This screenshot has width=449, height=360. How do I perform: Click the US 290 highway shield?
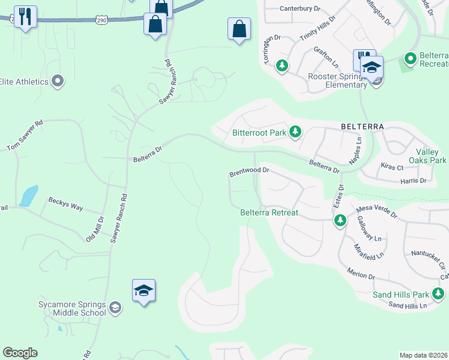pos(101,20)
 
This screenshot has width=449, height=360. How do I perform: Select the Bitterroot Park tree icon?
pos(295,131)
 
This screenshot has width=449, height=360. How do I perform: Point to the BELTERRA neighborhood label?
pos(361,127)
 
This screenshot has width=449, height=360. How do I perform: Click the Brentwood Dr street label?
pos(249,172)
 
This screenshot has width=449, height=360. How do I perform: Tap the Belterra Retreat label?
pos(269,212)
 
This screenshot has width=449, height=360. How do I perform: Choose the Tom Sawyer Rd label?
pos(25,136)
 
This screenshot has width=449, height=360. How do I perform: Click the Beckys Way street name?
pos(65,203)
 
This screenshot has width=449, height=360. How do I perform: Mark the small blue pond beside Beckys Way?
pos(28,196)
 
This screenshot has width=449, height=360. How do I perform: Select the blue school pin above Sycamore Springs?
pos(144,291)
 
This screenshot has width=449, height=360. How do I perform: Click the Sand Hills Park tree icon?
pos(439,293)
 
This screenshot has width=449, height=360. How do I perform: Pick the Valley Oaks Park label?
pos(427,156)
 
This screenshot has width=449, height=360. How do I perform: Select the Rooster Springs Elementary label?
pos(337,80)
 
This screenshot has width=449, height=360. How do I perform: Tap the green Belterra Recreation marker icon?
pos(411,59)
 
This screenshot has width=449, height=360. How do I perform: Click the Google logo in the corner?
pos(20,353)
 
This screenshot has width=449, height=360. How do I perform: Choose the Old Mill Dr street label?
pos(95,228)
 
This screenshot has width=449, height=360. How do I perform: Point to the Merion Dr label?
pos(361,274)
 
